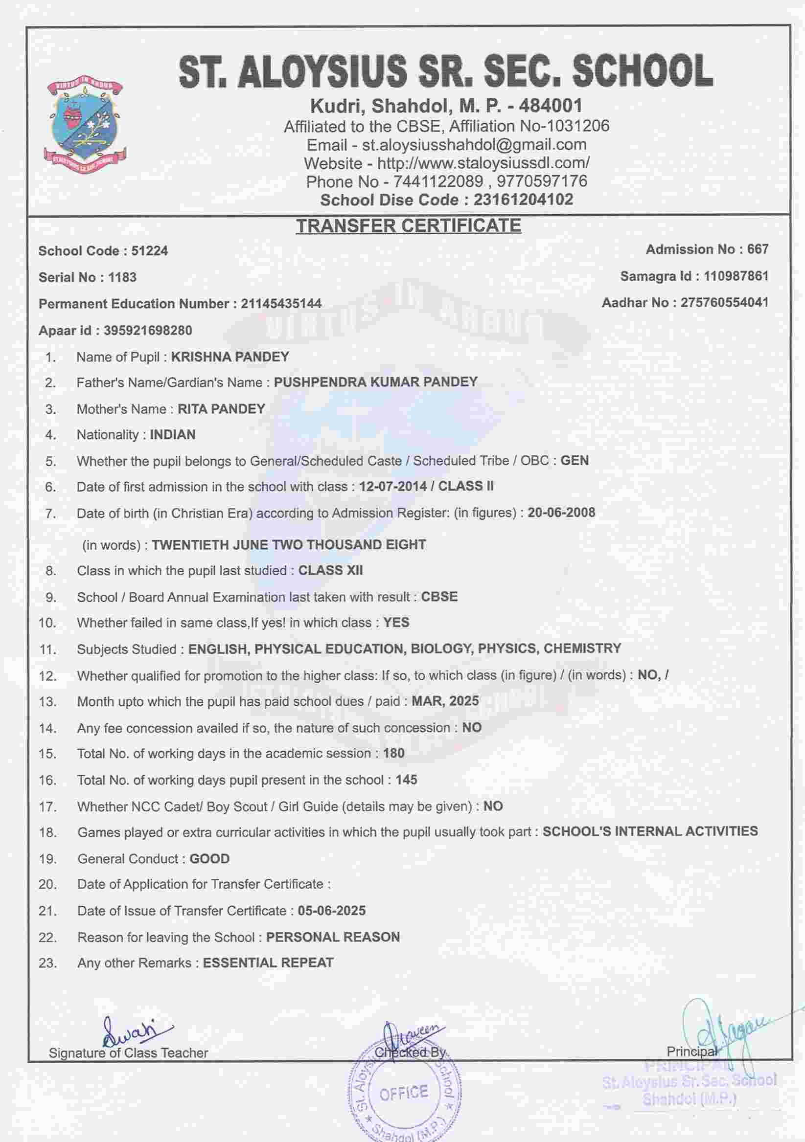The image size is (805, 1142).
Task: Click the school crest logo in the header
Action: [85, 124]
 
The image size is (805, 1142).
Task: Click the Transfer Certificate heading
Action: [409, 226]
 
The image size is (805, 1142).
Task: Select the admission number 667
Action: [757, 249]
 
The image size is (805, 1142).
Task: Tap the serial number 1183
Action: [122, 277]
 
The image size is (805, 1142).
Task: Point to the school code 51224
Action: [149, 251]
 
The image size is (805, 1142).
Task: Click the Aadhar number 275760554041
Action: [724, 302]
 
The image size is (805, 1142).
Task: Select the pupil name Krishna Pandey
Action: [230, 357]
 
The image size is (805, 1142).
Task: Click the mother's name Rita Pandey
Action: [221, 409]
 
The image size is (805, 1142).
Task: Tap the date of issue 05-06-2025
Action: [332, 911]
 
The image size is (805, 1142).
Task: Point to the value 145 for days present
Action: [407, 780]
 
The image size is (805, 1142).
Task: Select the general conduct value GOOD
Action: [209, 859]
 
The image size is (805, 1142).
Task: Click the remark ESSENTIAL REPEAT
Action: [268, 963]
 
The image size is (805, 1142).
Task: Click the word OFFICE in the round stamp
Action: [404, 1093]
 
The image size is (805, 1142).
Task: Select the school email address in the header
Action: [474, 145]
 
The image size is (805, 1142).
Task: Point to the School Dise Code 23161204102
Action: [523, 200]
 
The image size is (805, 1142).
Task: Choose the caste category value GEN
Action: [575, 461]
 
